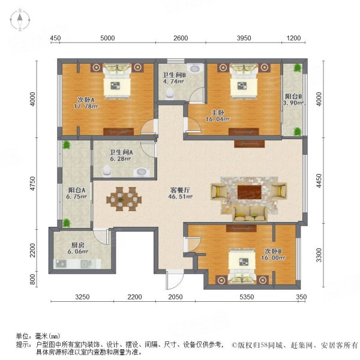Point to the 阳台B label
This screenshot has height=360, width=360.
292,98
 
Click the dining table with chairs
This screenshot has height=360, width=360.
127,198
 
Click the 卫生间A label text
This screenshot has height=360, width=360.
121,155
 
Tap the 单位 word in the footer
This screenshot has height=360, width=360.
22,337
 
